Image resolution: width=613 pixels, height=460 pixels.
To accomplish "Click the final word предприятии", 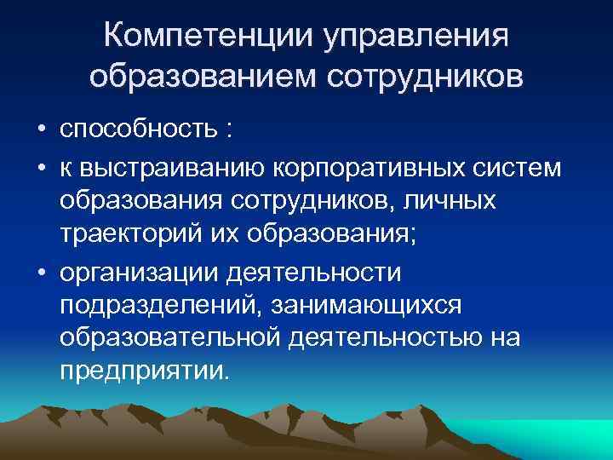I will (x=145, y=373).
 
